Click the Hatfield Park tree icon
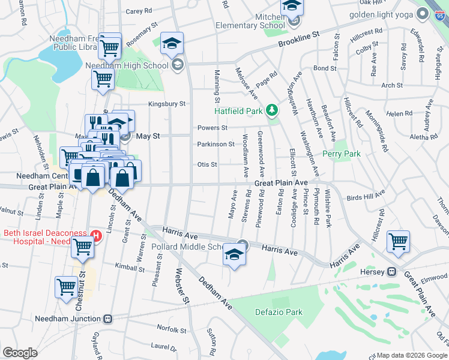pyautogui.click(x=272, y=110)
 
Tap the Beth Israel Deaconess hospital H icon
pyautogui.click(x=94, y=235)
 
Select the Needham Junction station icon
pyautogui.click(x=108, y=319)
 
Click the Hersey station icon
pyautogui.click(x=391, y=272)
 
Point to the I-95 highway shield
pyautogui.click(x=441, y=13)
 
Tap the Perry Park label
pyautogui.click(x=342, y=154)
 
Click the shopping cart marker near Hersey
pyautogui.click(x=399, y=242)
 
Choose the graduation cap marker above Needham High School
pyautogui.click(x=172, y=43)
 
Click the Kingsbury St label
pyautogui.click(x=167, y=104)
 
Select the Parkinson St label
pyautogui.click(x=215, y=144)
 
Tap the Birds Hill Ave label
pyautogui.click(x=366, y=197)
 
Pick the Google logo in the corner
pyautogui.click(x=20, y=353)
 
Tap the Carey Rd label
pyautogui.click(x=138, y=11)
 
